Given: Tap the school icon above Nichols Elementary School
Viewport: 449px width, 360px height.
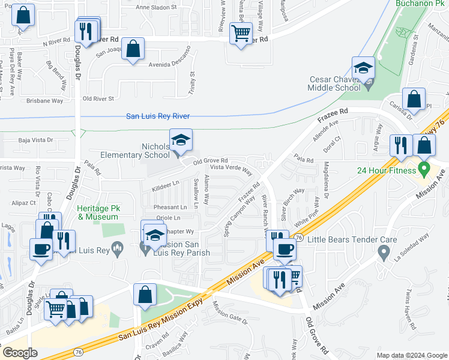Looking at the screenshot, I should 181,141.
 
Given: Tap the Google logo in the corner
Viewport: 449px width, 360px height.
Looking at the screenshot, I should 20,352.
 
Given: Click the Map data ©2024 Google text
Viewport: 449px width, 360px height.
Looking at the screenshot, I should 411,355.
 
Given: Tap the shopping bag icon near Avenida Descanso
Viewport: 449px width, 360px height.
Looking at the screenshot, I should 133,49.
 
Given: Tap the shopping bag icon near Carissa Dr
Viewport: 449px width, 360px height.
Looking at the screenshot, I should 414,99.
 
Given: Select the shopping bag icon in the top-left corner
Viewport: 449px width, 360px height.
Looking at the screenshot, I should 23,16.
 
